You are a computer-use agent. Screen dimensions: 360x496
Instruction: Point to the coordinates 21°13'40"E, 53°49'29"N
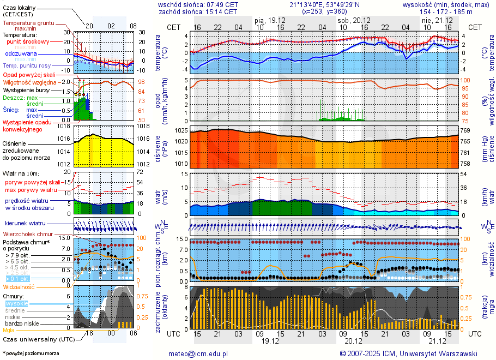(x=324, y=4)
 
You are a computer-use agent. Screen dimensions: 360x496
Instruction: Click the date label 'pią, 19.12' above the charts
(x=270, y=20)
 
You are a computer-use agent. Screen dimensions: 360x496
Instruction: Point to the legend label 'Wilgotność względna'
(x=30, y=82)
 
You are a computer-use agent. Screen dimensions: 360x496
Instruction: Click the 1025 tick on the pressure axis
(x=180, y=131)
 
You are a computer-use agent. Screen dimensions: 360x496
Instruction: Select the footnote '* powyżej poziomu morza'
(x=31, y=353)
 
